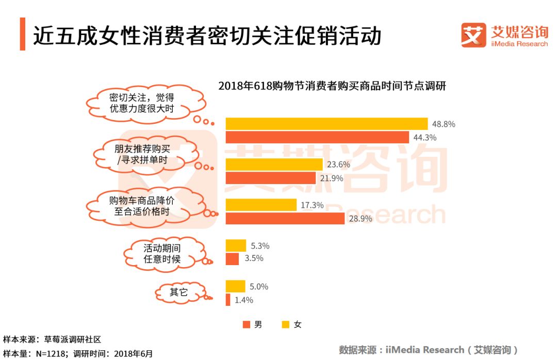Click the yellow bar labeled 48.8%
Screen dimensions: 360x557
tap(326, 124)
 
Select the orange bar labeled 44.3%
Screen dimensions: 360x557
tap(317, 137)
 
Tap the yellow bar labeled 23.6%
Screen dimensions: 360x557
tap(274, 165)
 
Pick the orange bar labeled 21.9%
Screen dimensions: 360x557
tap(271, 178)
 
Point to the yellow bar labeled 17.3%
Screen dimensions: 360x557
tap(261, 205)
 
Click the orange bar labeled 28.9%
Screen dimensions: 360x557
tap(285, 218)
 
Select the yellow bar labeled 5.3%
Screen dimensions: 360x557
tap(236, 246)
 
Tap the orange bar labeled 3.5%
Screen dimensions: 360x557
tap(233, 258)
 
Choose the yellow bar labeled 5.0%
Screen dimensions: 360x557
tap(236, 286)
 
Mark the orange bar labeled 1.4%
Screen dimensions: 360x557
tap(228, 300)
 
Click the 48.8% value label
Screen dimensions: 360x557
tap(444, 124)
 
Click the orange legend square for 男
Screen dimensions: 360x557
tap(247, 324)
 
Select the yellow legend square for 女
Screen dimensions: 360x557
tap(285, 324)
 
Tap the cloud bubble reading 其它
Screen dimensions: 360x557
tap(179, 292)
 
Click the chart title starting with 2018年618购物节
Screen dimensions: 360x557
tap(332, 86)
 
